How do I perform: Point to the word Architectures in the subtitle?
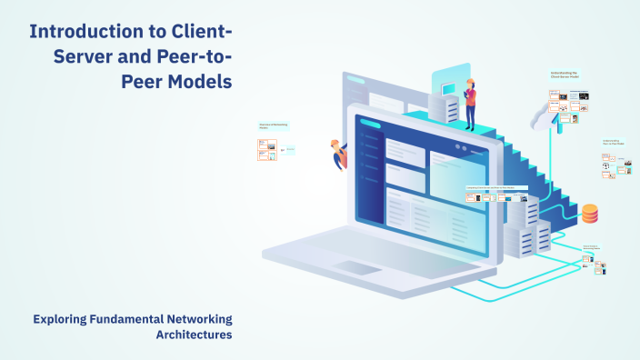pos(194,335)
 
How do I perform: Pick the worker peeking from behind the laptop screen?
pos(340,154)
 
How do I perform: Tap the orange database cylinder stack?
pos(590,214)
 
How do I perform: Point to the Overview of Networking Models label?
pos(272,125)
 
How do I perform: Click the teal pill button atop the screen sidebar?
pos(371,125)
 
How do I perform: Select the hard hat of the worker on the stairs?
pos(470,82)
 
